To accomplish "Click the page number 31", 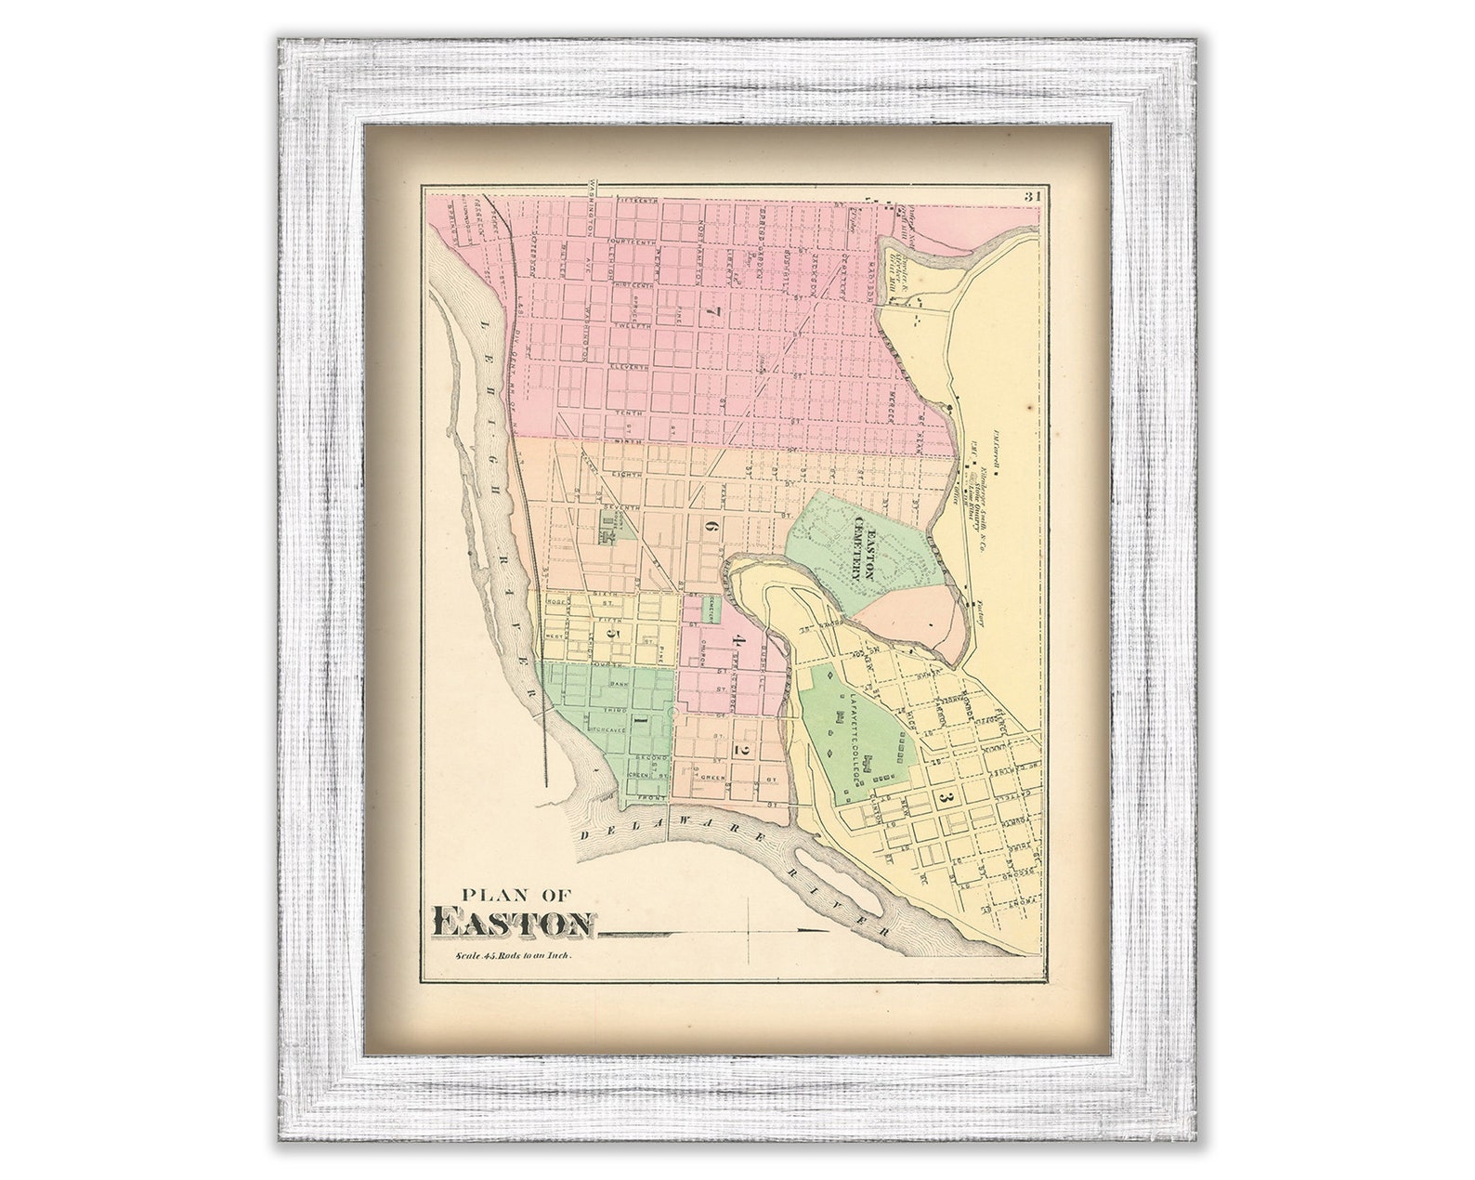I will [1032, 196].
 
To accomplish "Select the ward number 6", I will [712, 526].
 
